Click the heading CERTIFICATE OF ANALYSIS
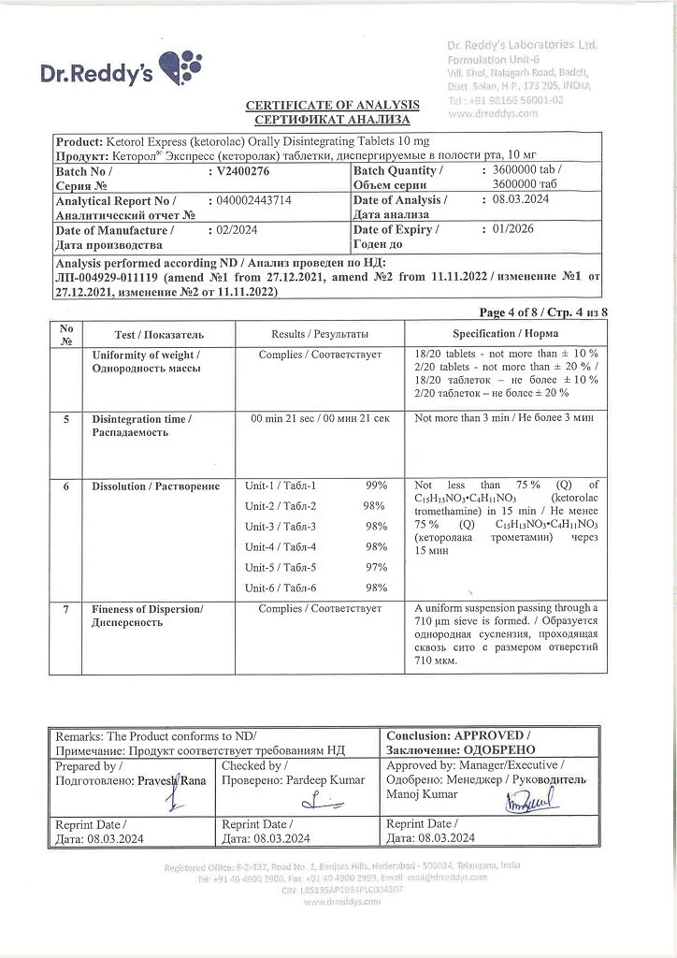point(333,105)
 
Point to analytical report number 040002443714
point(253,200)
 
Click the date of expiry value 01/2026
point(519,229)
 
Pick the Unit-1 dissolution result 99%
point(376,486)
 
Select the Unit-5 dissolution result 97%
point(376,568)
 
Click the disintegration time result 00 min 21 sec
point(320,419)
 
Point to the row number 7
point(65,609)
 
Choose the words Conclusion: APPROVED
point(458,736)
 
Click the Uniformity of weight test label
point(145,362)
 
